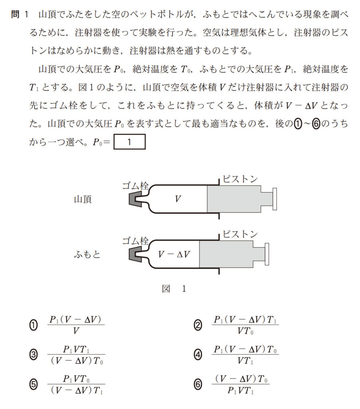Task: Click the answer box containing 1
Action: [129, 142]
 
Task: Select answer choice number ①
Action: [34, 325]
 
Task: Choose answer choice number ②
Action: [198, 325]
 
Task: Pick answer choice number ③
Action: [34, 355]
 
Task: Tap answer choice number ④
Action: [198, 355]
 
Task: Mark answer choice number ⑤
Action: [34, 385]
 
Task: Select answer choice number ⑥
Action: [198, 385]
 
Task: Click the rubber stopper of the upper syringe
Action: [135, 199]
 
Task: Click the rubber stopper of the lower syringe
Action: [135, 254]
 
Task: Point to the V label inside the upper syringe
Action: [178, 199]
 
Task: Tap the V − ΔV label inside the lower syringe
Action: [174, 254]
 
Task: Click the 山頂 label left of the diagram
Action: [83, 199]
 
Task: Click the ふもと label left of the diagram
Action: [87, 254]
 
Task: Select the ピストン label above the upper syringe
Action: [240, 179]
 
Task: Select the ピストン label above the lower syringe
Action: [240, 234]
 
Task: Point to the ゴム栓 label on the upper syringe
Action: [135, 186]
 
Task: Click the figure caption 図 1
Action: [174, 289]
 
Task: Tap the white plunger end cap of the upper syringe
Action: [275, 199]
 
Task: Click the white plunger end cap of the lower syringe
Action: [267, 254]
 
